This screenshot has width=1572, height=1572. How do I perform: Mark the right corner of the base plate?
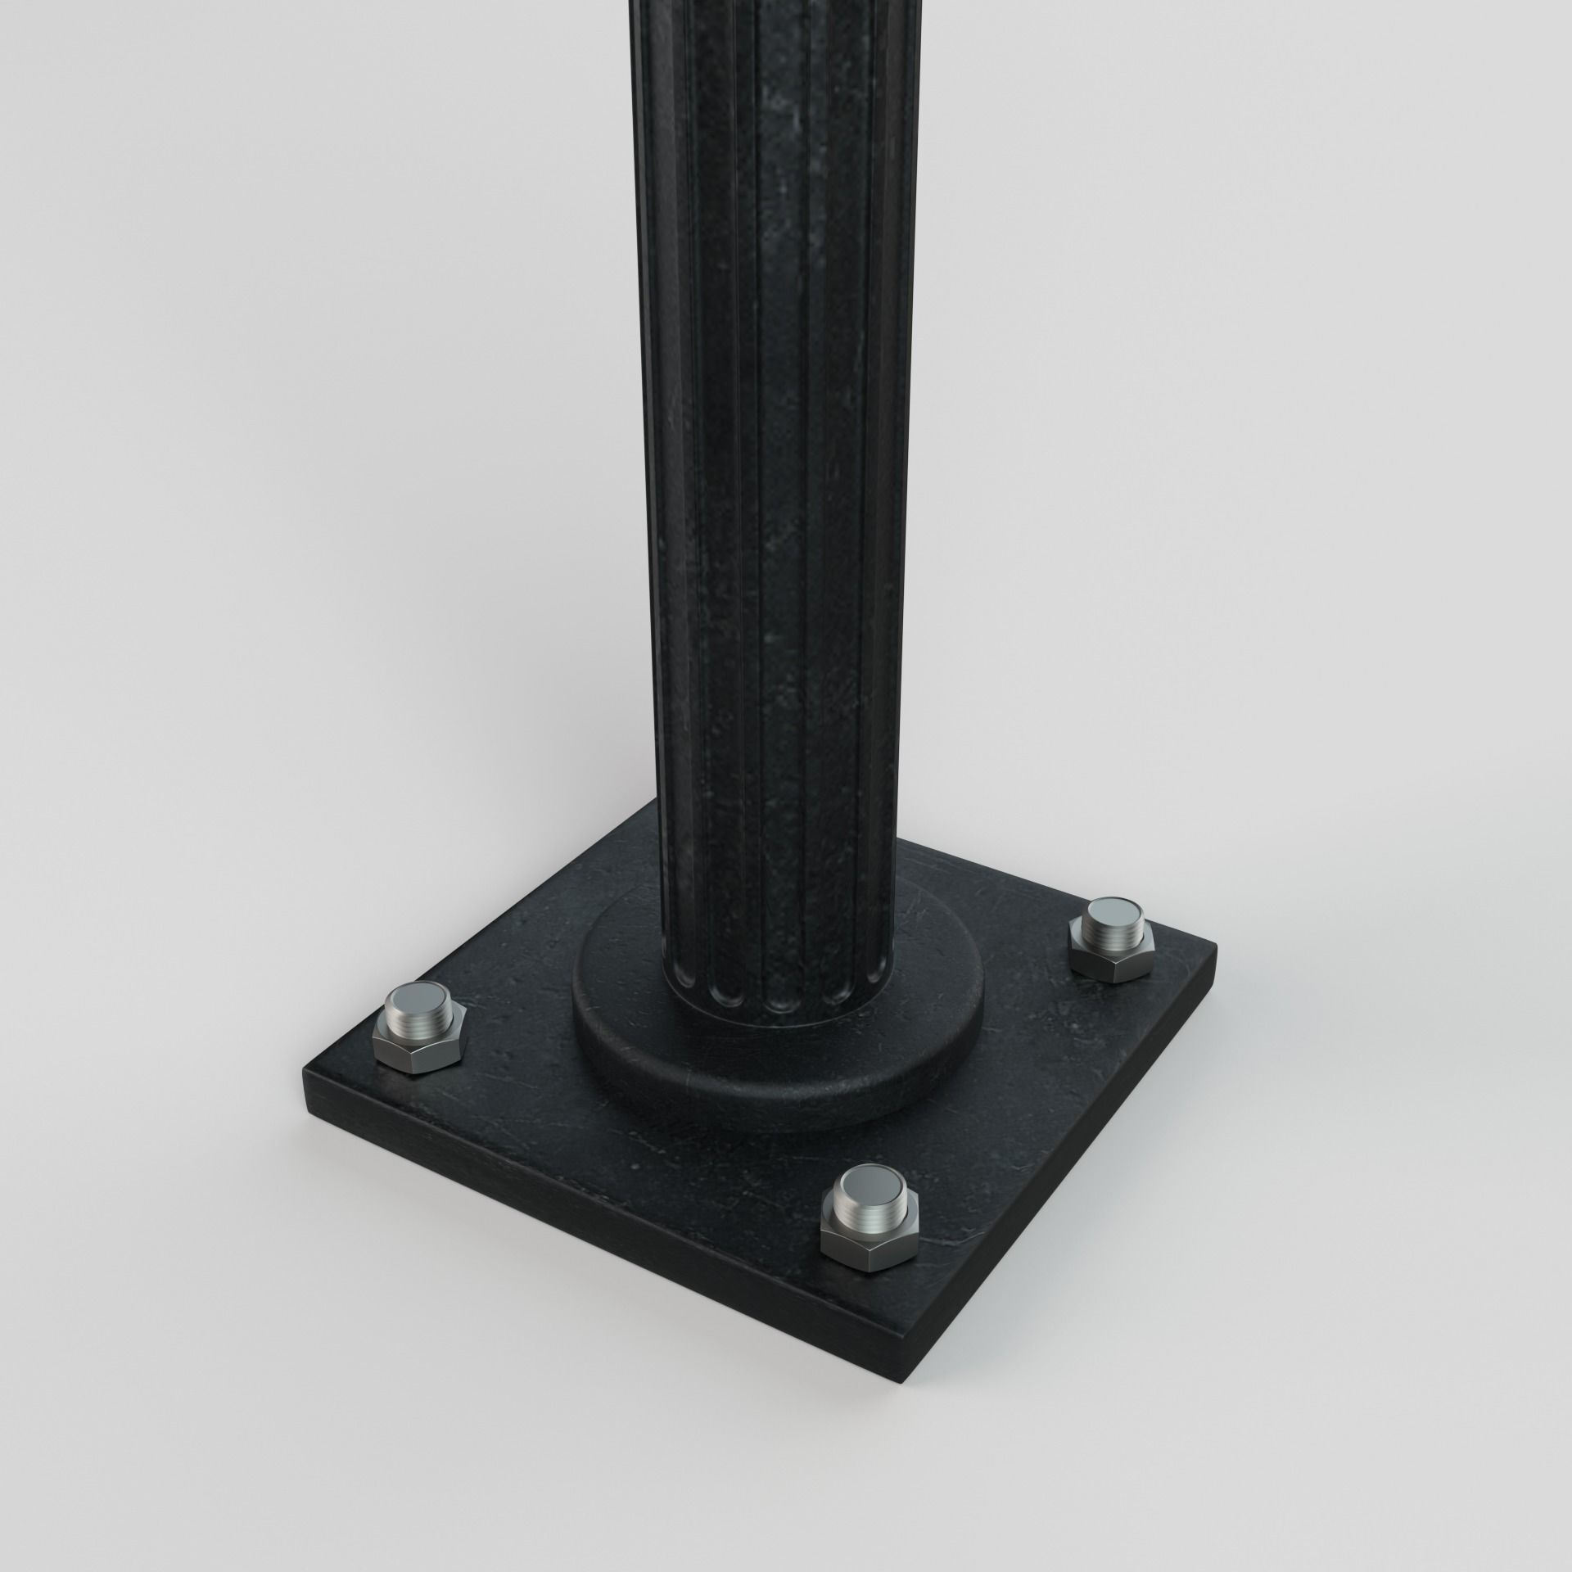coord(1215,947)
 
